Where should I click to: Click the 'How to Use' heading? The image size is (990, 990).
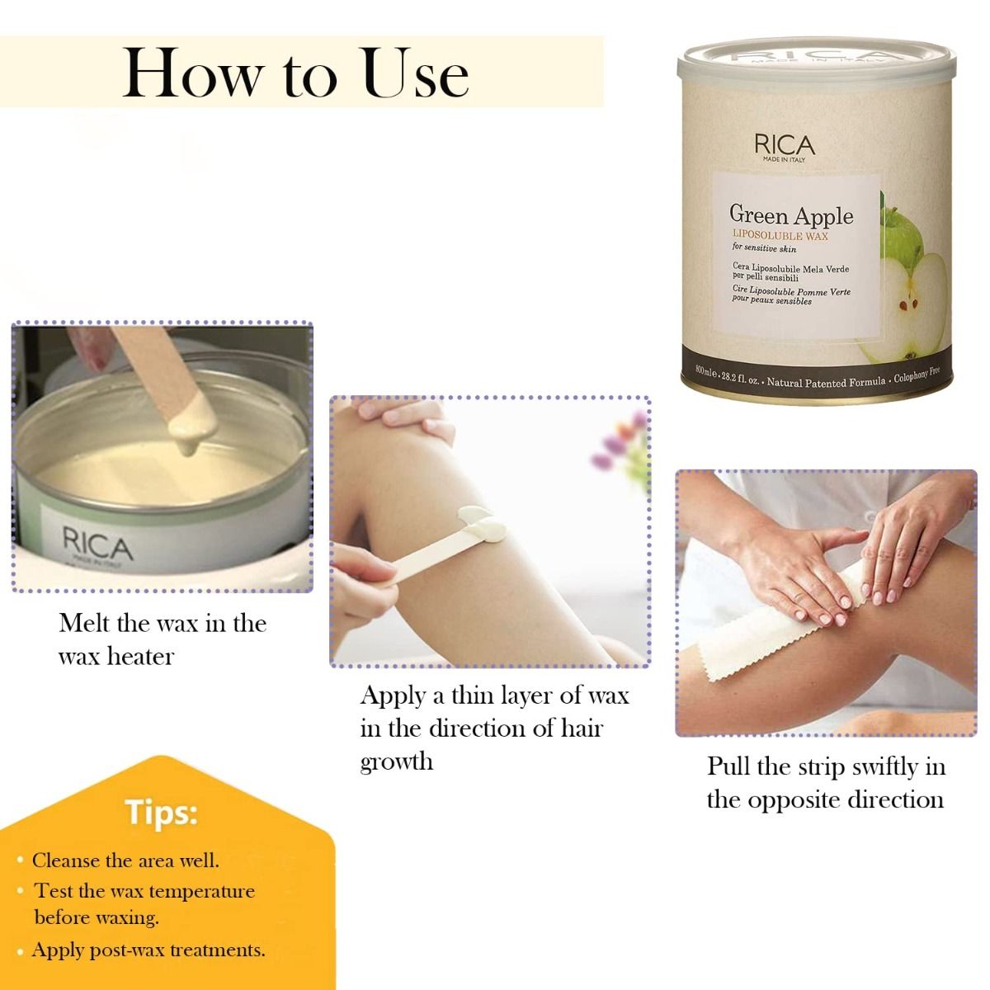[x=295, y=74]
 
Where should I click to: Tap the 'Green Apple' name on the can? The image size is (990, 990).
[x=790, y=215]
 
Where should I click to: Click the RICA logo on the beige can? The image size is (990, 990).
[x=784, y=146]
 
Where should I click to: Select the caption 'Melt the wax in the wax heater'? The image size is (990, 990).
[x=163, y=639]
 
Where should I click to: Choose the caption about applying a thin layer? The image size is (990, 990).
[x=493, y=728]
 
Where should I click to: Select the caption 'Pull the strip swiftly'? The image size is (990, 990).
[x=826, y=783]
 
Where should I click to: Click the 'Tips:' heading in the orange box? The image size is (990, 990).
[x=162, y=813]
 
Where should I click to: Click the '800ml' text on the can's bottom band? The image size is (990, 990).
[x=706, y=368]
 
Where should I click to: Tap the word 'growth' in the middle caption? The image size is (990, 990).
[x=396, y=761]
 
